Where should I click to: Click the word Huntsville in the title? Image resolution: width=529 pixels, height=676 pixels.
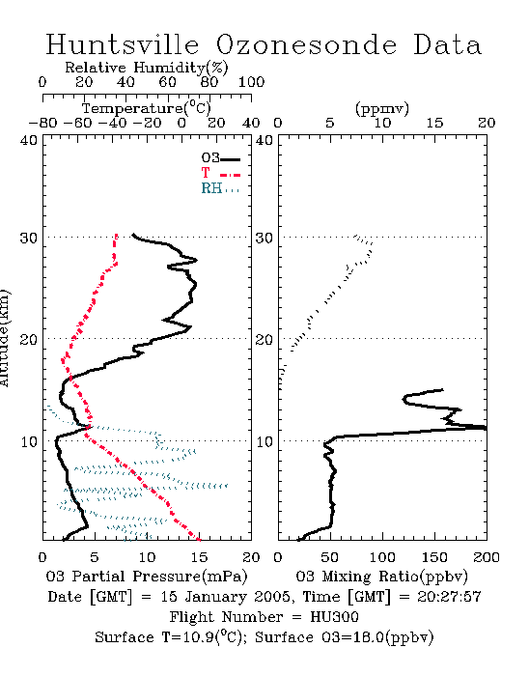tap(123, 44)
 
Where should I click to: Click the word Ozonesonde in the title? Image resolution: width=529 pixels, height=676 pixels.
tap(305, 44)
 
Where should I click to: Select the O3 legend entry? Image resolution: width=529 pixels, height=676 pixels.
tap(220, 158)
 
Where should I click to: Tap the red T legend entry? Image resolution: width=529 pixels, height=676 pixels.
tap(220, 173)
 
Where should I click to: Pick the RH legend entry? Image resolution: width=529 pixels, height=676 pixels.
tap(220, 188)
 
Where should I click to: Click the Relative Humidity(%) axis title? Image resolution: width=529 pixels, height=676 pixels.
tap(147, 68)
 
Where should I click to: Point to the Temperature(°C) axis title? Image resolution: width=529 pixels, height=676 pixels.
tap(147, 108)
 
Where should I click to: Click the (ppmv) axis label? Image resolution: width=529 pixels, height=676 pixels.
tap(382, 108)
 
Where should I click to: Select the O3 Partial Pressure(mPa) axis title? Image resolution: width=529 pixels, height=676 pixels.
tap(147, 577)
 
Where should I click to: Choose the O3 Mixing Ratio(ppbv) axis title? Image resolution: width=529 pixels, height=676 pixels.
tap(381, 577)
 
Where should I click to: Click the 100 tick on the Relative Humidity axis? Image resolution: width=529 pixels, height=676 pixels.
tap(251, 82)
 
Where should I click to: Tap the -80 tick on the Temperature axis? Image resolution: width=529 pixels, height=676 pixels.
tap(43, 123)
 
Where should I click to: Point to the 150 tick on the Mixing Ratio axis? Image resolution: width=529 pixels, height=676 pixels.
tap(434, 557)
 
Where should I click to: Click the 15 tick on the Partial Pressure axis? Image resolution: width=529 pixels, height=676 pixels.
tap(199, 557)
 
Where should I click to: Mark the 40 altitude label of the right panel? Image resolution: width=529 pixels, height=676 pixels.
tap(264, 140)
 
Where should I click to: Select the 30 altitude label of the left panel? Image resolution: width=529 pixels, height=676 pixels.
tap(28, 238)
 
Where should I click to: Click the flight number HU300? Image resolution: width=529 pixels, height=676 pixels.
tap(334, 617)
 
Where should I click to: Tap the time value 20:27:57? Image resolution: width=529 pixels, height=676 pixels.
tap(449, 597)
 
